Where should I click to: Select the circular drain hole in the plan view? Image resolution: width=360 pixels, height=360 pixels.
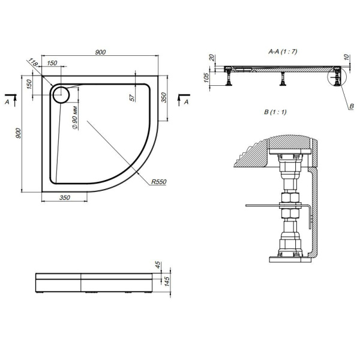click(61, 94)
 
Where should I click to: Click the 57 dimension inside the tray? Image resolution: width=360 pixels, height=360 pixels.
click(131, 97)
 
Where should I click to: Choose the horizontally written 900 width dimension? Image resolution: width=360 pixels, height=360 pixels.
click(100, 53)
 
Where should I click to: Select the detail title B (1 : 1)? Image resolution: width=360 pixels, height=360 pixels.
click(275, 112)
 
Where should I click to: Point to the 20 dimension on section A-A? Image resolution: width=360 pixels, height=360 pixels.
click(212, 58)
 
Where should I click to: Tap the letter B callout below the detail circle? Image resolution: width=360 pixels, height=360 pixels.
click(351, 106)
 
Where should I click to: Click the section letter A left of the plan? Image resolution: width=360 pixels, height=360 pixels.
click(7, 103)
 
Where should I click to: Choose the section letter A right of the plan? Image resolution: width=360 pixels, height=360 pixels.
click(187, 103)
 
